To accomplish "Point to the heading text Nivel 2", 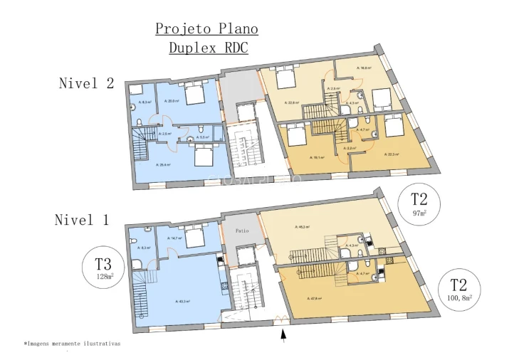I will coord(86,83).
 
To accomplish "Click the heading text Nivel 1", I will coord(82,220).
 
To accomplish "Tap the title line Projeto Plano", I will coord(206,29).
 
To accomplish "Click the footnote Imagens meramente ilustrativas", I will coord(73,343).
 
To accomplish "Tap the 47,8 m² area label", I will coord(316,298).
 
